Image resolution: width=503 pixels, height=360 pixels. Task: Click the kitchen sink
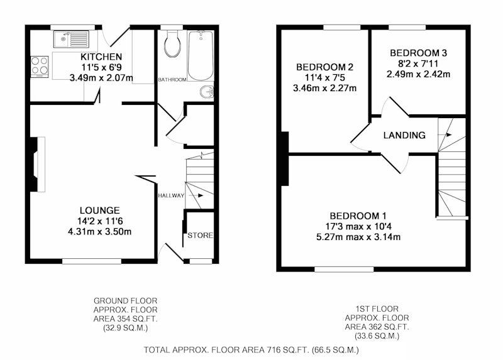[71, 39]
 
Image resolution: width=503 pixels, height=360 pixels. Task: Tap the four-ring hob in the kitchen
[40, 67]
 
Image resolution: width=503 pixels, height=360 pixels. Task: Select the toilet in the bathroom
[172, 44]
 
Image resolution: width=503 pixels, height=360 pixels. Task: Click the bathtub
[201, 55]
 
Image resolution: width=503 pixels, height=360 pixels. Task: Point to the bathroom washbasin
[207, 92]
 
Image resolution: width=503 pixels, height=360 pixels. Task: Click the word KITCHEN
[101, 57]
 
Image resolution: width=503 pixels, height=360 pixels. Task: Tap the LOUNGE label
[100, 210]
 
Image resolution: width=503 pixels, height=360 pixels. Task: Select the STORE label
[200, 236]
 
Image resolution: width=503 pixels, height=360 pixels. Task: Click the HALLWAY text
[171, 195]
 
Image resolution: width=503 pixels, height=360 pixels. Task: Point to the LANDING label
[404, 135]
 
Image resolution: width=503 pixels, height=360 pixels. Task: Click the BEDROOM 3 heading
[418, 53]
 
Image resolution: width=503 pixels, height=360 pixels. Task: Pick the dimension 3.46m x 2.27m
[324, 88]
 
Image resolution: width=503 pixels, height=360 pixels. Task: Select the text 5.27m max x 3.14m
[358, 237]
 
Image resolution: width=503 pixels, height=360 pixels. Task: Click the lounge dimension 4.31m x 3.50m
[100, 231]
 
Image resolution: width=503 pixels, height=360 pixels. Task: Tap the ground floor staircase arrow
[196, 195]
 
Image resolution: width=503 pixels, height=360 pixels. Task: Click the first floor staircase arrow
[446, 134]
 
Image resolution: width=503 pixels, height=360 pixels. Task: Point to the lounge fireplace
[38, 165]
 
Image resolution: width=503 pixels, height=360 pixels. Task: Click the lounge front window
[92, 261]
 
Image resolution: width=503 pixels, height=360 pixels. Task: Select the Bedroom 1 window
[344, 270]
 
